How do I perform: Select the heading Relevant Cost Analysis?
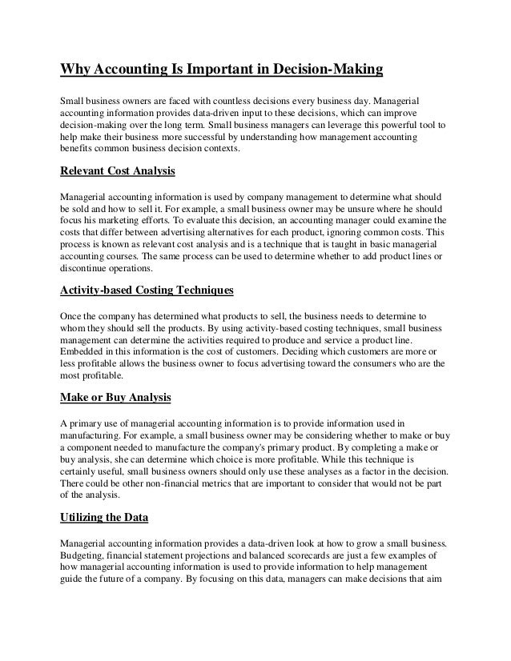[118, 170]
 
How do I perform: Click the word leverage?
[347, 126]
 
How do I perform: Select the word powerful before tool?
[403, 126]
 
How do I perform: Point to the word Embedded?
[85, 351]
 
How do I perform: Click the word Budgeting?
[85, 553]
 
